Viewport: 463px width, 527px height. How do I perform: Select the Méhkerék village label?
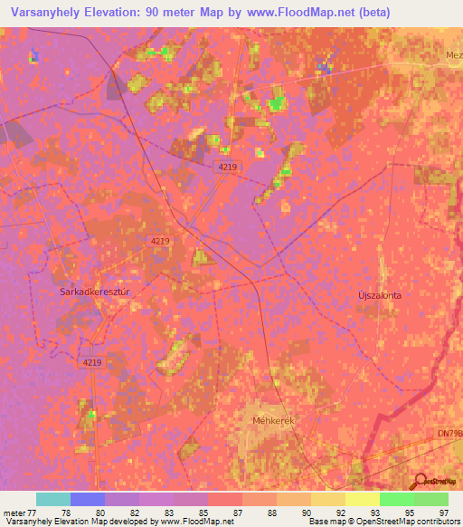[273, 421]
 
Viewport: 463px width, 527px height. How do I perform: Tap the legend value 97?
[442, 512]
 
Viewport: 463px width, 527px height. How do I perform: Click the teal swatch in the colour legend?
[53, 499]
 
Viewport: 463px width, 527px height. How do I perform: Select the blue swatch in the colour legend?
[88, 499]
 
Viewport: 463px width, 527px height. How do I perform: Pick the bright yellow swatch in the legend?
[363, 499]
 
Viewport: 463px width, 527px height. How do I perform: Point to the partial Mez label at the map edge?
[453, 54]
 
